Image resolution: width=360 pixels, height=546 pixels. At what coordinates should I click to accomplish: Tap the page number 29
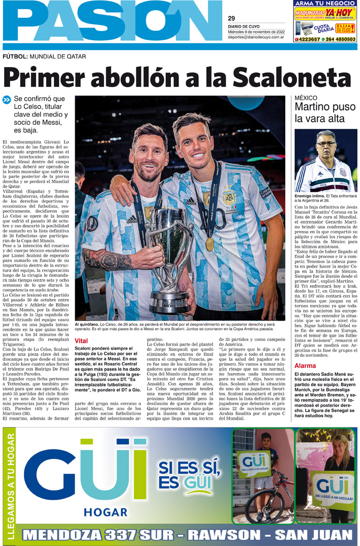231,19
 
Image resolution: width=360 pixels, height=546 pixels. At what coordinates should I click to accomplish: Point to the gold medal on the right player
209,244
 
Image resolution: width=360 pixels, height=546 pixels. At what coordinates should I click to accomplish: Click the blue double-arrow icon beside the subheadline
7,100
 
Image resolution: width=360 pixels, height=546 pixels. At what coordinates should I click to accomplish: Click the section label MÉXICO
306,97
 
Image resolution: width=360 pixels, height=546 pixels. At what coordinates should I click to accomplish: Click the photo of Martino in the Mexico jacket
326,160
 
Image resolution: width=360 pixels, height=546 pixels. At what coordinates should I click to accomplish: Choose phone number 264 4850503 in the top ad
341,39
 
